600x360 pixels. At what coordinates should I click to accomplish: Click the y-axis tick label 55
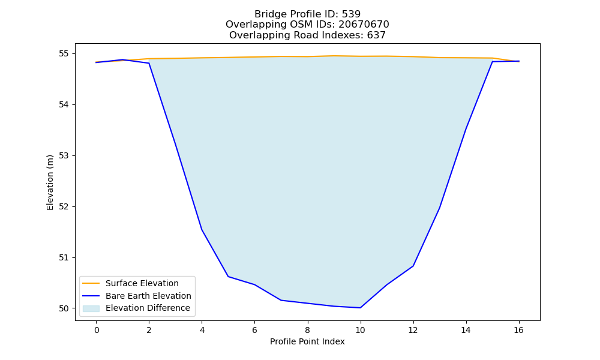pos(64,53)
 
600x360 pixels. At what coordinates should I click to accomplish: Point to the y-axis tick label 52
pos(64,206)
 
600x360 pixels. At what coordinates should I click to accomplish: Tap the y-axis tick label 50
pos(64,309)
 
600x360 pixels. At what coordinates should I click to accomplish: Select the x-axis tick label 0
pos(97,330)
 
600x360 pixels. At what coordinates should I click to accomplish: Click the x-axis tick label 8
pos(308,330)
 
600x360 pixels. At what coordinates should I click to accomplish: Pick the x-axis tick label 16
pos(518,330)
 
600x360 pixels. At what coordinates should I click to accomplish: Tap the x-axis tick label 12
pos(413,330)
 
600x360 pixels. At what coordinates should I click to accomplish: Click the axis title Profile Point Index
pos(307,341)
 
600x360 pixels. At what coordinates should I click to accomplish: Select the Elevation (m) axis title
pos(50,182)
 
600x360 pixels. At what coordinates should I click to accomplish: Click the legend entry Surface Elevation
pos(142,283)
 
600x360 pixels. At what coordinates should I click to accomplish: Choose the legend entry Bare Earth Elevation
pos(148,296)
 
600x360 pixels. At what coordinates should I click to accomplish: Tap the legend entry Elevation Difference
pos(148,308)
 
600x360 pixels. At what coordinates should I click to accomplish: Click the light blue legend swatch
pos(91,308)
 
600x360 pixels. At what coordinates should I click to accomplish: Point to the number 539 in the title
pos(351,14)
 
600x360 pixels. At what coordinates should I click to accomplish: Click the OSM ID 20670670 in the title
pos(364,25)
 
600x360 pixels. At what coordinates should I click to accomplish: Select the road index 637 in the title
pos(376,35)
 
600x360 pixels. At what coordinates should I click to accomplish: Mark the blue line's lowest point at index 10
pos(360,308)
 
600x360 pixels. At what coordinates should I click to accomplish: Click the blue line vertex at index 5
pos(228,276)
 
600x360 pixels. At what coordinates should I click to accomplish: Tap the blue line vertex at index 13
pos(439,208)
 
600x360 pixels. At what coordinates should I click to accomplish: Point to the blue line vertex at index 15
pos(492,62)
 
